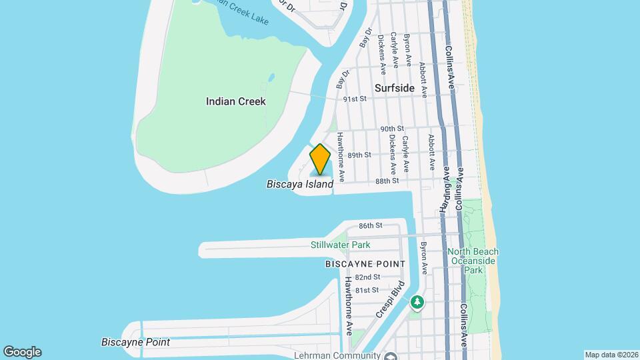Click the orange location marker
[321, 159]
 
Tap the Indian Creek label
[236, 101]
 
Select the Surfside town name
[394, 88]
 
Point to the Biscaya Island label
[299, 184]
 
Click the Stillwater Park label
[340, 245]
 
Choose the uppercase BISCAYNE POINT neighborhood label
[365, 264]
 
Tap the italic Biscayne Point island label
[135, 342]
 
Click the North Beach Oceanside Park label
[473, 261]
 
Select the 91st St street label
[355, 99]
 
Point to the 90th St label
[392, 129]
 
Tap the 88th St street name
[387, 181]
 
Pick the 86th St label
[370, 226]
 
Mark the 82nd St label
[367, 277]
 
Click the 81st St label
[367, 290]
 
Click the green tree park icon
[417, 303]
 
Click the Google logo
[22, 352]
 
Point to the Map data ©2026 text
[610, 355]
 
